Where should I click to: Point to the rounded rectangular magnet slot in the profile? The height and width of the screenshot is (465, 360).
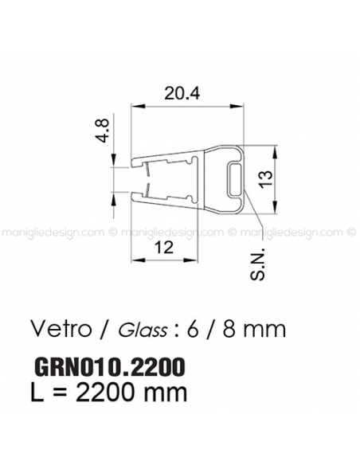(x=234, y=180)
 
